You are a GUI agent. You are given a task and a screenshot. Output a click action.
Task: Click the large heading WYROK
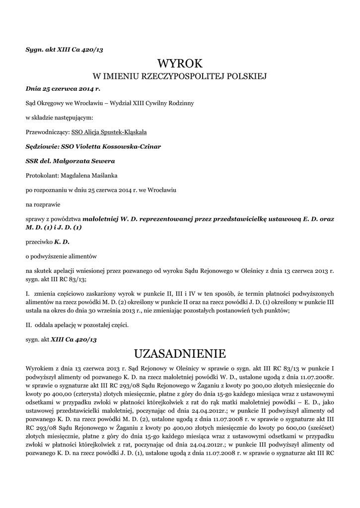[180, 63]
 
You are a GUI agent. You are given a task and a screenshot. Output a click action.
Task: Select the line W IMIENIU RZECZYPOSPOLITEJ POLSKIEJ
[180, 76]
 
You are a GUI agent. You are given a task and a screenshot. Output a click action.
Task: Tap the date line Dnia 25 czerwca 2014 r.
[63, 89]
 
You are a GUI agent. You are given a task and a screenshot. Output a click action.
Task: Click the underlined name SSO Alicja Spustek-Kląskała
[109, 132]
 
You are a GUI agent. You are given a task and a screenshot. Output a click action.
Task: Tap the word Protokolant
[41, 175]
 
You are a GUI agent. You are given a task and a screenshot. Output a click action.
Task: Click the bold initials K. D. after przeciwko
[62, 242]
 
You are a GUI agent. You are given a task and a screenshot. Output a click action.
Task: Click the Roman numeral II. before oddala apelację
[29, 325]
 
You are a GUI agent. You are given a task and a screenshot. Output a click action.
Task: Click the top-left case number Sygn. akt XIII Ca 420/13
[65, 50]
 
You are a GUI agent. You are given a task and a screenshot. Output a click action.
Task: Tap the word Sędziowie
[41, 147]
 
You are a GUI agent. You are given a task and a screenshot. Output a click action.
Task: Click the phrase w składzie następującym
[59, 118]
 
